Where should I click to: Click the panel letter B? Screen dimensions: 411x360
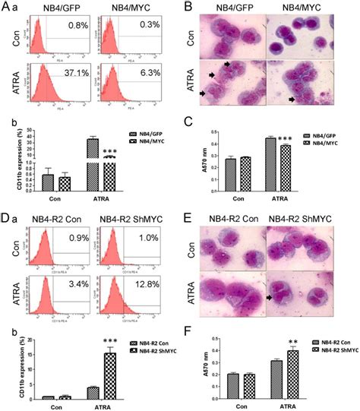(185, 8)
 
